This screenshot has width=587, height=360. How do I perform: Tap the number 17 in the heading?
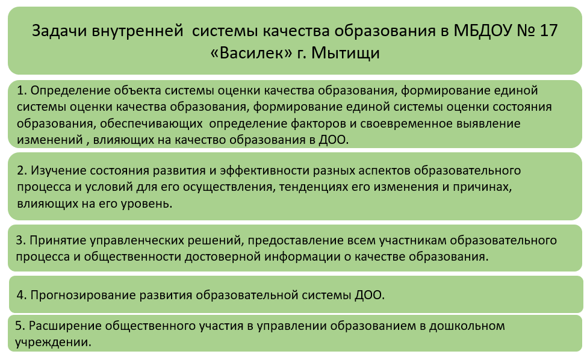tap(548, 31)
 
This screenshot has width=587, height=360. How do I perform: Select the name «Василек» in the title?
tap(251, 53)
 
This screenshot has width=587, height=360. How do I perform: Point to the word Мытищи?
tap(345, 54)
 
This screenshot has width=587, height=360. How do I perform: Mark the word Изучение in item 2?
tap(58, 170)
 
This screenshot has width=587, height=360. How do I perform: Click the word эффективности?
tap(264, 170)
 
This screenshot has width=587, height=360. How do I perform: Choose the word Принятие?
tap(58, 240)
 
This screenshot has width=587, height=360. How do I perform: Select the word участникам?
tap(412, 240)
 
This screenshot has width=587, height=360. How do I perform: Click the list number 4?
tap(21, 295)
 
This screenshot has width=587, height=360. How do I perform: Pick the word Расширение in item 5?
tap(65, 326)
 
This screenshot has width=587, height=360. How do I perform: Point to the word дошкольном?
tap(467, 326)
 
